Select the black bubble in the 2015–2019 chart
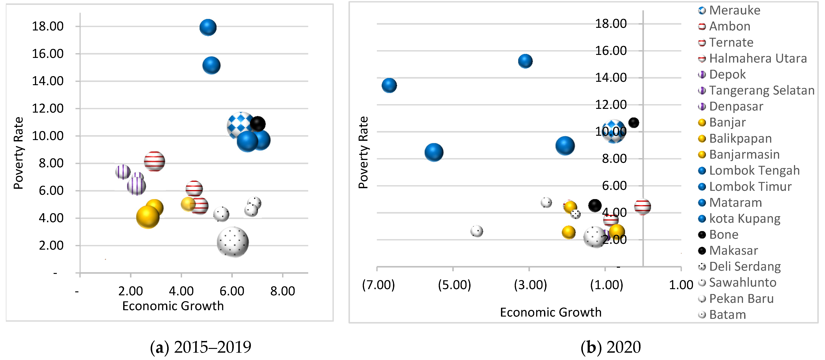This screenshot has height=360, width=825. (257, 124)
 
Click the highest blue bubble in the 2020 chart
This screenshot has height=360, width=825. (525, 61)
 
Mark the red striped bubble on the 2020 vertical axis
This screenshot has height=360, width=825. (642, 207)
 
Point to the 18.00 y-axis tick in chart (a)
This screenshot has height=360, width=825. (48, 26)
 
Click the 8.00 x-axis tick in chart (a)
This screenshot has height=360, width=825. (282, 291)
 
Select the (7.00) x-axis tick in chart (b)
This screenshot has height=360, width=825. (378, 285)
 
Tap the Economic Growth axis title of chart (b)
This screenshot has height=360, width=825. (551, 312)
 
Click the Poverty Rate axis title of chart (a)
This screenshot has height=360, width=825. (19, 153)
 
